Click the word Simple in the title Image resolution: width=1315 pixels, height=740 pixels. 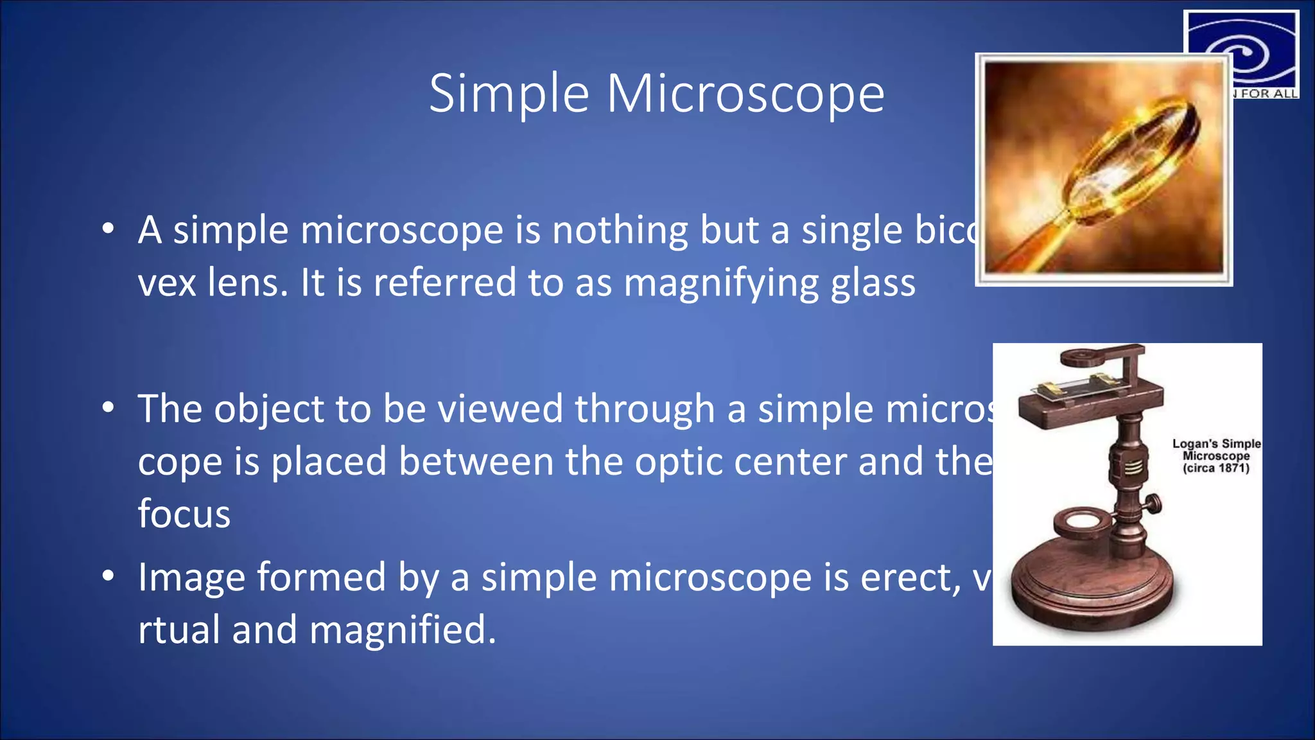pyautogui.click(x=509, y=94)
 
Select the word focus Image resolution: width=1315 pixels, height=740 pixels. pyautogui.click(x=184, y=514)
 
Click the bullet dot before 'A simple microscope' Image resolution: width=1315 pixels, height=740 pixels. pyautogui.click(x=108, y=228)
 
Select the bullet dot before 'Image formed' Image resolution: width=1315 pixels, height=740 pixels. pyautogui.click(x=108, y=575)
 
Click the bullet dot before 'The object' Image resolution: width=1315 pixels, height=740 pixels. pyautogui.click(x=108, y=407)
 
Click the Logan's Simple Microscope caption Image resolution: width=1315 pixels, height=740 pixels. pyautogui.click(x=1215, y=455)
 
